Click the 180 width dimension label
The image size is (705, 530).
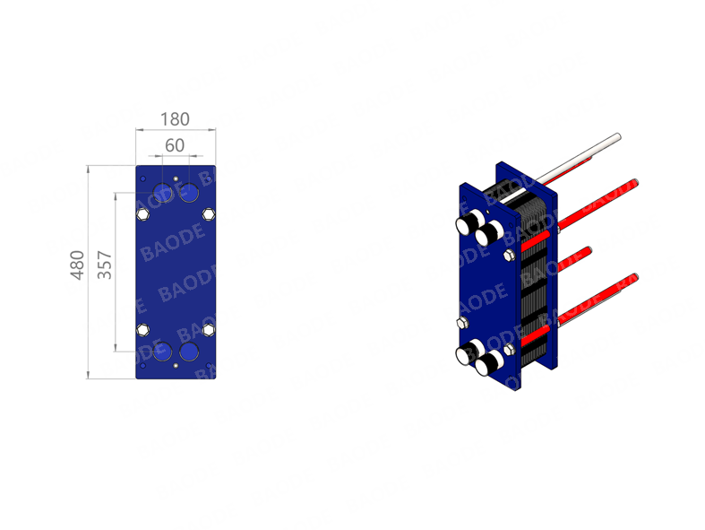(x=175, y=119)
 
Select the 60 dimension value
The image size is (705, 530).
(x=175, y=145)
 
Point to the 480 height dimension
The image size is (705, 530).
(x=77, y=265)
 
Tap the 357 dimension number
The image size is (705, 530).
(x=104, y=265)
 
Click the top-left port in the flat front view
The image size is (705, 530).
(x=162, y=193)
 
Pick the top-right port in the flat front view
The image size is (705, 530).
(x=189, y=193)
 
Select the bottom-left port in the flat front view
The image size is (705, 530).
(x=162, y=352)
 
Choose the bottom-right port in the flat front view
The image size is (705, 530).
(x=189, y=352)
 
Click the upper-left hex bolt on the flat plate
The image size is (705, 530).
(x=143, y=214)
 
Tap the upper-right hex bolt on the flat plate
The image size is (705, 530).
(x=208, y=214)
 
